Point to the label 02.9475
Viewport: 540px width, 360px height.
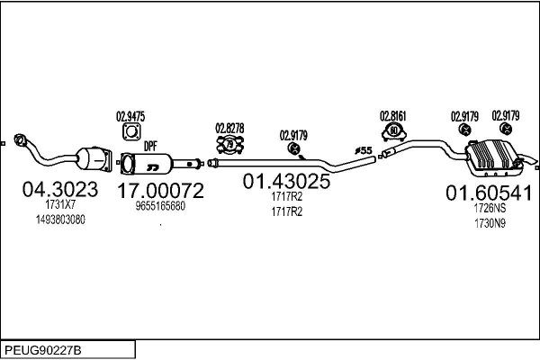130,115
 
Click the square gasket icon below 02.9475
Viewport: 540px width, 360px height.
130,132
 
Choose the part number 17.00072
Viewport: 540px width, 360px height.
160,190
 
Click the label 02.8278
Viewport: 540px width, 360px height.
229,129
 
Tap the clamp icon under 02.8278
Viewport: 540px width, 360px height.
229,144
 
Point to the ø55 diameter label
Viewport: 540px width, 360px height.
363,148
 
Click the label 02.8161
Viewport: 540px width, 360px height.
393,115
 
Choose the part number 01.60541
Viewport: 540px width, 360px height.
490,193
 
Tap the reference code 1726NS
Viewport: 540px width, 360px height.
490,209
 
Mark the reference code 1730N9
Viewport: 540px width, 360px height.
490,224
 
